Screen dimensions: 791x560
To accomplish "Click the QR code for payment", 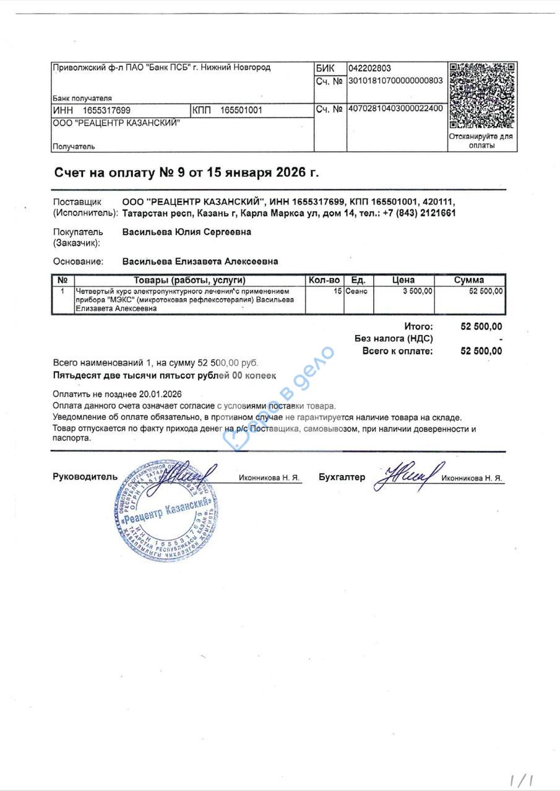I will tap(482, 96).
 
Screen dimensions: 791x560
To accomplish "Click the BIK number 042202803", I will tap(369, 69).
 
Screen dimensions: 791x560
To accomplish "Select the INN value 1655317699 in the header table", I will tap(106, 111).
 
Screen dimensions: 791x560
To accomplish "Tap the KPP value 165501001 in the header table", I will tap(242, 111).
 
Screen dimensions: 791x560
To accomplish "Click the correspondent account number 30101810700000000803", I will tap(395, 80).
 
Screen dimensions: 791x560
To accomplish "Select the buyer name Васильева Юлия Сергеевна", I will tap(187, 232).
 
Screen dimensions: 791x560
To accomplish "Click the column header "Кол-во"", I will tap(324, 280).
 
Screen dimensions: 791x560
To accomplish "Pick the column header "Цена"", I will tap(403, 280).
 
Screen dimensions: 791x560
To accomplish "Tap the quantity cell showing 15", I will tap(338, 290).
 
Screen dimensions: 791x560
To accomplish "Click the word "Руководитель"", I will tap(84, 477).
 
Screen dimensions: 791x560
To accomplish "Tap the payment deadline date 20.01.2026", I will tap(160, 394).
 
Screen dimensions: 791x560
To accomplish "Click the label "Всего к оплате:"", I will tap(397, 351).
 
